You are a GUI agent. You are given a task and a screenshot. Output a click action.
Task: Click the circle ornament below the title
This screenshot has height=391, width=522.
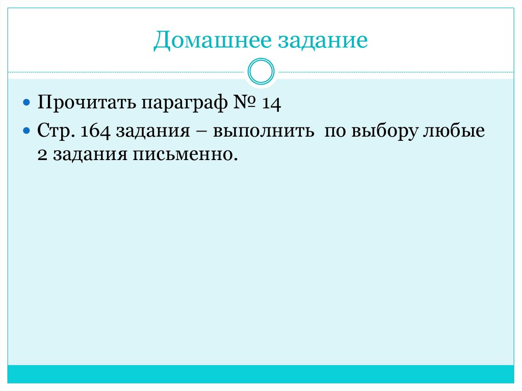(x=260, y=71)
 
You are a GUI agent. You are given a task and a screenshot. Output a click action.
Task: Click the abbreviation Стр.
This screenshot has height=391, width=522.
(x=56, y=132)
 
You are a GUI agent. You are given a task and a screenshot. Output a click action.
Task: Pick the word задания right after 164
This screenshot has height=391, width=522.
(x=150, y=132)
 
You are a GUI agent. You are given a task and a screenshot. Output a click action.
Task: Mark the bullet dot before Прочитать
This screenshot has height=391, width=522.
(x=28, y=103)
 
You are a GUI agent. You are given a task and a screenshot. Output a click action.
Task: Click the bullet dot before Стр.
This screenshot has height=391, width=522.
(x=28, y=132)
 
